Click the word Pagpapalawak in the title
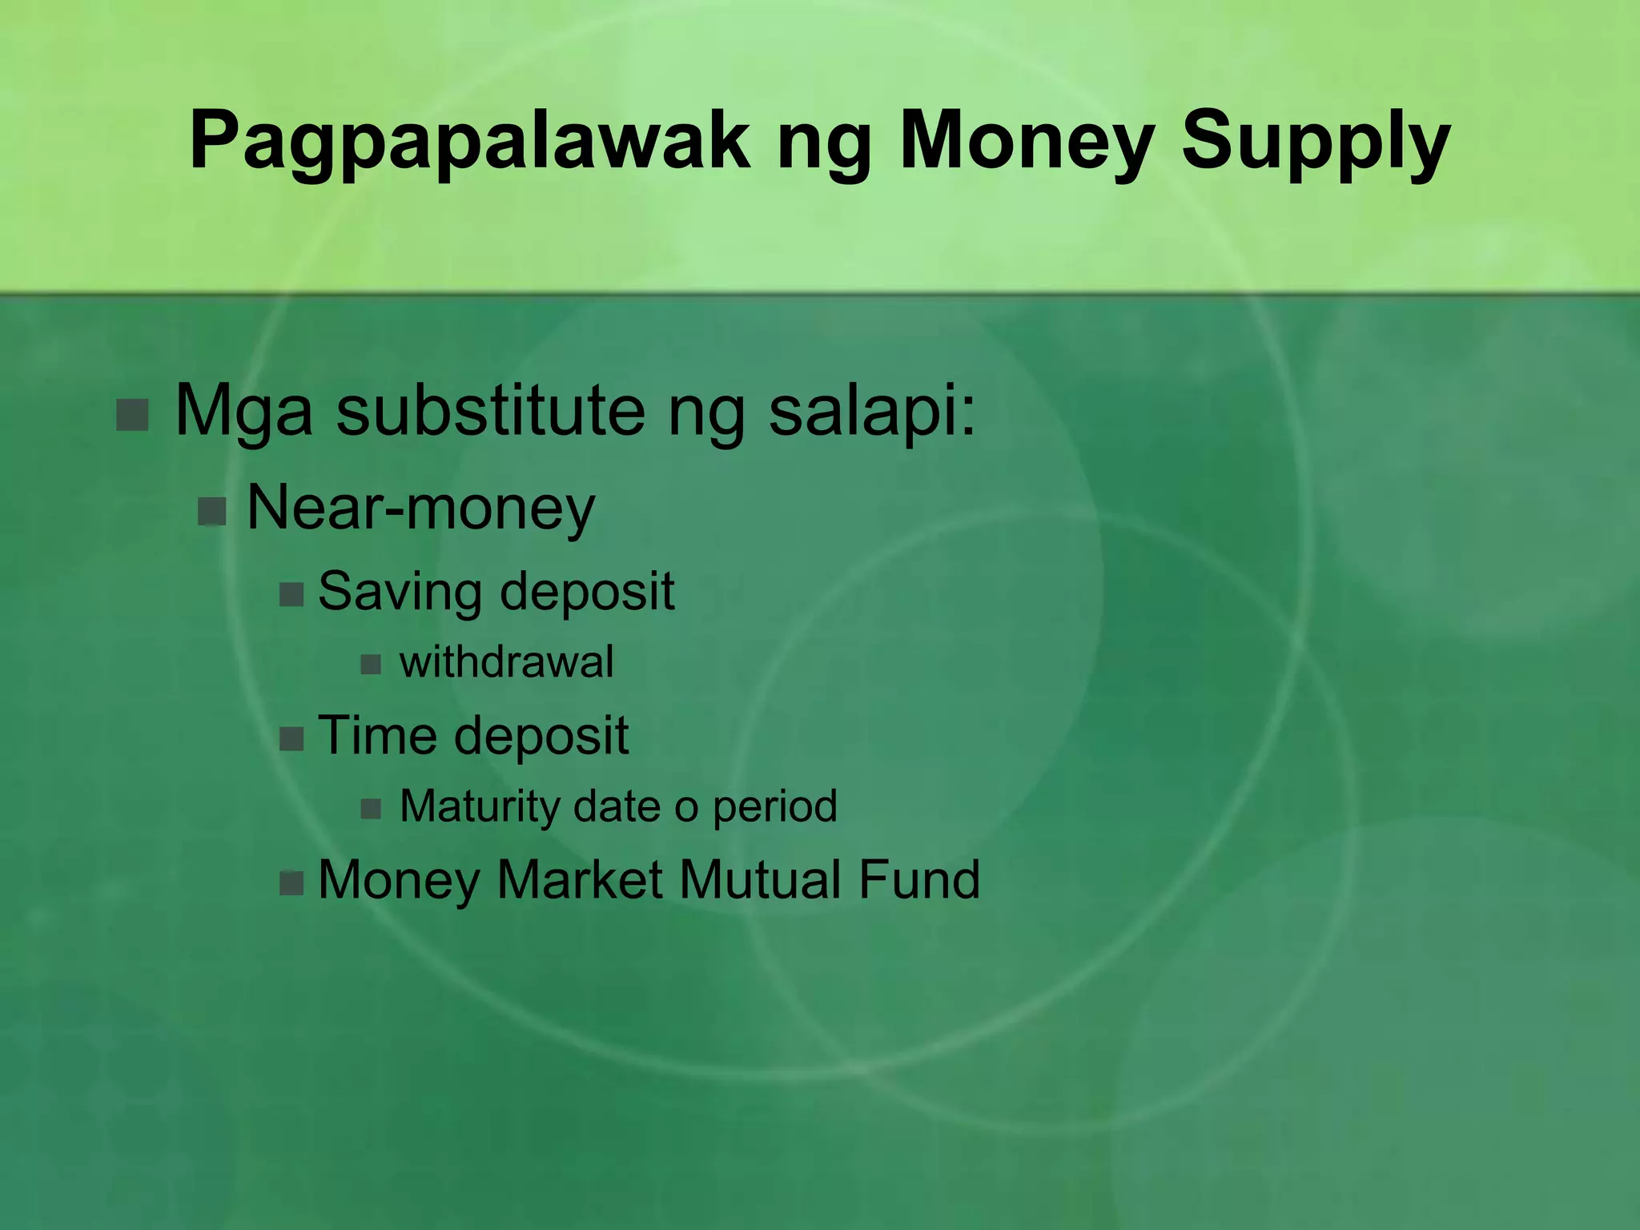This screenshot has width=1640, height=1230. coord(469,143)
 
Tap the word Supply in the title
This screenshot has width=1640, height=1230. coord(1315,143)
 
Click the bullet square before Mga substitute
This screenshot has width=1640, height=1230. coord(133,415)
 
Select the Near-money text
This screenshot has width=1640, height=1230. coord(421,508)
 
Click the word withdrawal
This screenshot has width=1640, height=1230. coord(506,662)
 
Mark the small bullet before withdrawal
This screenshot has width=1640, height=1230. coord(371,664)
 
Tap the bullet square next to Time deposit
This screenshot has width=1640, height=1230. coord(291,738)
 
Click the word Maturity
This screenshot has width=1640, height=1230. coord(479,806)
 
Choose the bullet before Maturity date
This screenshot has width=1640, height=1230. coord(371,808)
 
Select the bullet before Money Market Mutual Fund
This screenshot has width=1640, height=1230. coord(291,883)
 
